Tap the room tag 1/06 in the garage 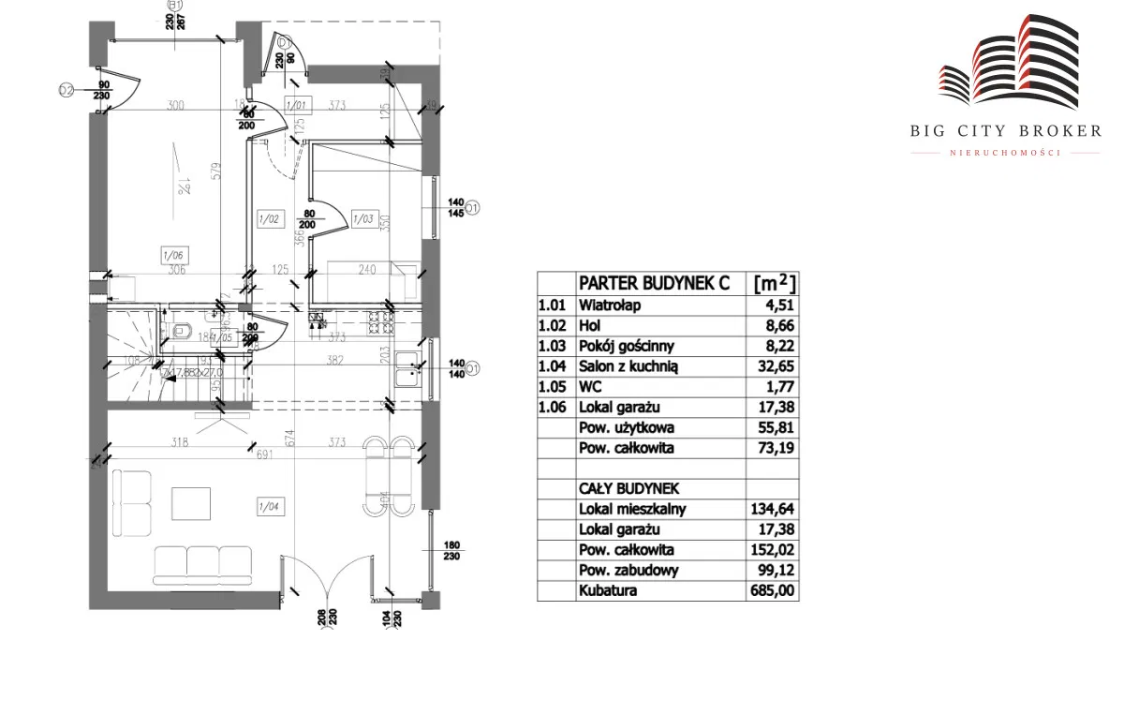[172, 254]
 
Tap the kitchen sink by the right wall [407, 370]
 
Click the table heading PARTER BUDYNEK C [654, 283]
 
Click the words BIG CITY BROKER [1005, 131]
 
